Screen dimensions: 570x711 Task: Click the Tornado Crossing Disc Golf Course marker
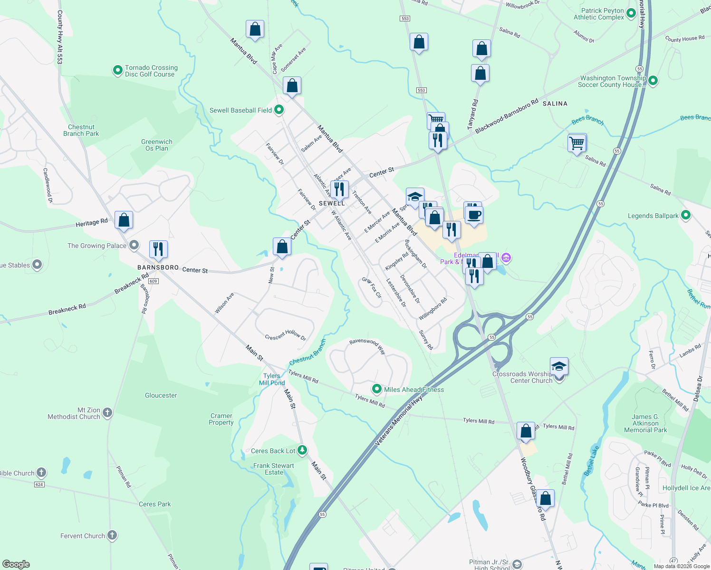click(x=118, y=71)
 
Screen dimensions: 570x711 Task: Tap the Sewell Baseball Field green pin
click(x=279, y=110)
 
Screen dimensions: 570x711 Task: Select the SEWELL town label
click(x=332, y=203)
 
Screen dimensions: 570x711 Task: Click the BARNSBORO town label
click(x=158, y=267)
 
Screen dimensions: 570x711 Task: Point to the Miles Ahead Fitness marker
click(x=377, y=389)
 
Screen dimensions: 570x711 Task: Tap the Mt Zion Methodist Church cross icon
click(x=107, y=412)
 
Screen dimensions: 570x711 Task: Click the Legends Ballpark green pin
click(x=685, y=215)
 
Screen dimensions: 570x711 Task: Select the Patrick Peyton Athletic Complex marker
click(x=631, y=13)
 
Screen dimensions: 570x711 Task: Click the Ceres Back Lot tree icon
click(x=302, y=450)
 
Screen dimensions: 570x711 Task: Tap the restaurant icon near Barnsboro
click(x=158, y=249)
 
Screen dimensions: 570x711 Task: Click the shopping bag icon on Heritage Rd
click(x=124, y=220)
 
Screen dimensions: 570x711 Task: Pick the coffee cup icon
click(x=474, y=215)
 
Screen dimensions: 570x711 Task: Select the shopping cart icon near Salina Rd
click(x=576, y=142)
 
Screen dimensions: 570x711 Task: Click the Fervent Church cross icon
click(x=112, y=535)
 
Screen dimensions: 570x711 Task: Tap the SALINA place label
click(x=555, y=104)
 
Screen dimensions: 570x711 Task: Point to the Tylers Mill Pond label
click(x=272, y=379)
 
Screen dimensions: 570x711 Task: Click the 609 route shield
click(x=153, y=281)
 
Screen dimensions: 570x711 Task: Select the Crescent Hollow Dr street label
click(x=285, y=335)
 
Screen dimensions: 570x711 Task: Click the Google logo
click(x=16, y=564)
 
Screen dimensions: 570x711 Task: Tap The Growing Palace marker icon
click(x=134, y=245)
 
